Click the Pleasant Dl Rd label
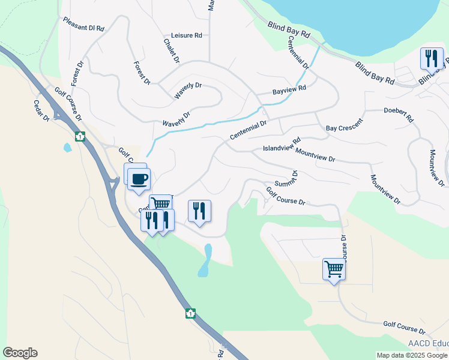84,24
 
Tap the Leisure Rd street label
186,35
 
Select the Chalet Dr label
171,51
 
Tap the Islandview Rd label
282,146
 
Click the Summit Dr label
286,178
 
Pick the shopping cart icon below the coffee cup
160,203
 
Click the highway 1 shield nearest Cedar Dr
80,137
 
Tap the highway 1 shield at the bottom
190,313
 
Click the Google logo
20,353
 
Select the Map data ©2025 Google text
412,355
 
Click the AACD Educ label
428,344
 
